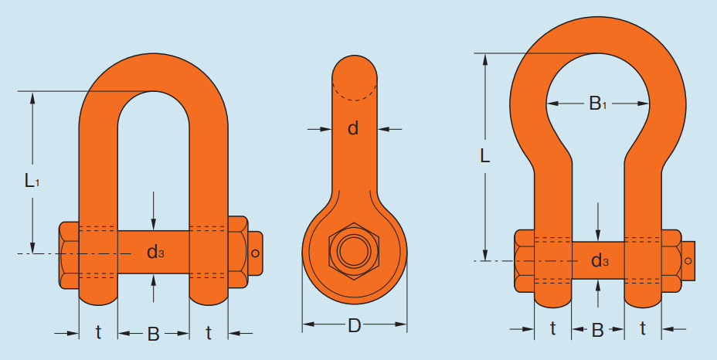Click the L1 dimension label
[x=32, y=181]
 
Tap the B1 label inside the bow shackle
[x=598, y=104]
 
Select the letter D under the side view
[x=355, y=326]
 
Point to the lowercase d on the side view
[x=353, y=128]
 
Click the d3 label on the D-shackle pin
[x=155, y=252]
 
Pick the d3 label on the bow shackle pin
[x=600, y=261]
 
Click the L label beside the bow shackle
[x=485, y=157]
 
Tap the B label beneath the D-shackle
[x=153, y=335]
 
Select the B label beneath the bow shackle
[x=598, y=330]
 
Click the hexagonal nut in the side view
[x=355, y=251]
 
